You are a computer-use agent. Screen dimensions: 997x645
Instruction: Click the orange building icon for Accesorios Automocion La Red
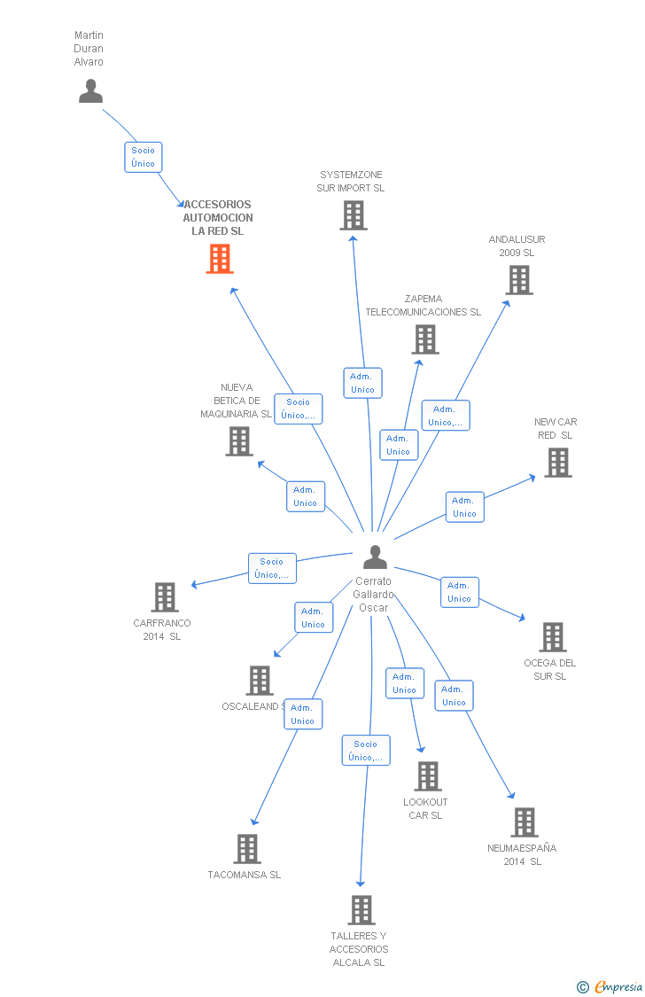click(220, 259)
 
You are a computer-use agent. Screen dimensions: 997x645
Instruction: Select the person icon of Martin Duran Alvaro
click(90, 91)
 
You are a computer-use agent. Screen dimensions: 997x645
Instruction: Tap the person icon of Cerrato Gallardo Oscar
click(375, 557)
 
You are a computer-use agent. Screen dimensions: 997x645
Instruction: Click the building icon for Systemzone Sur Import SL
click(353, 215)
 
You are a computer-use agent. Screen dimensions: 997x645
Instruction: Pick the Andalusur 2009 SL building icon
click(519, 280)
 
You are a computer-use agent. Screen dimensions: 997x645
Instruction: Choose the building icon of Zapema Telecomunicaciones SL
click(425, 339)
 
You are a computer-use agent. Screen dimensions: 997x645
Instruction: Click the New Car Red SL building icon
click(557, 463)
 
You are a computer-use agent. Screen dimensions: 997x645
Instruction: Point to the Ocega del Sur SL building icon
click(552, 637)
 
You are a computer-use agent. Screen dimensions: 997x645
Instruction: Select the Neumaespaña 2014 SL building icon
click(525, 822)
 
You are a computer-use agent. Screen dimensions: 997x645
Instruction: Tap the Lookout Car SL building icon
click(428, 776)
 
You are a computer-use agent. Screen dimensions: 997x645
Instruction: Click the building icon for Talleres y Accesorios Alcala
click(361, 910)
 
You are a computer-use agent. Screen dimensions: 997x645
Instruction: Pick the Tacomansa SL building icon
click(247, 849)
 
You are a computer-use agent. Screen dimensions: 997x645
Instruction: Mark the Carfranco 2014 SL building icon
click(165, 597)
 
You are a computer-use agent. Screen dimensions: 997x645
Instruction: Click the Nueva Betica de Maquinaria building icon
click(239, 441)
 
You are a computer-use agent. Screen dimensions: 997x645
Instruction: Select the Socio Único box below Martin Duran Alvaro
click(143, 157)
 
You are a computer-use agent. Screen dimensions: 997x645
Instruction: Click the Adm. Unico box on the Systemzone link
click(362, 383)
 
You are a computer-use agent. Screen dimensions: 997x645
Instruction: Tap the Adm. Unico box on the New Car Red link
click(464, 507)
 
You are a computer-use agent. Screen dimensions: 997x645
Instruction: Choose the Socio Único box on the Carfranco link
click(272, 568)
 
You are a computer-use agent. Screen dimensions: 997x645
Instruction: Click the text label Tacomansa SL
click(245, 875)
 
